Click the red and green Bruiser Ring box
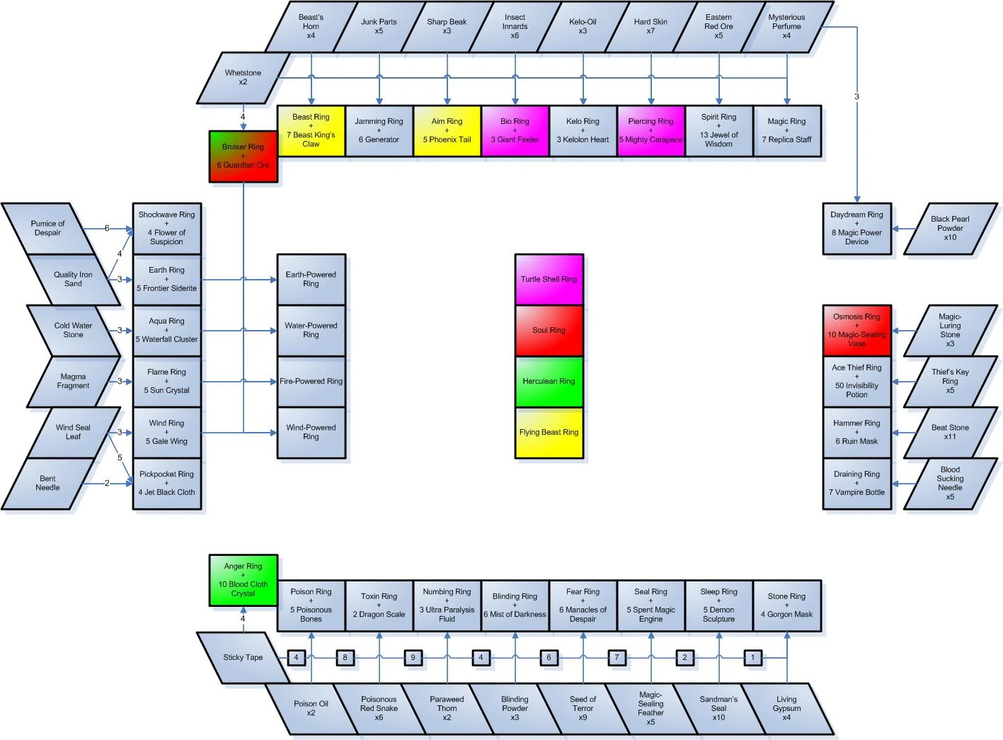click(243, 156)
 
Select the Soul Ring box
click(549, 330)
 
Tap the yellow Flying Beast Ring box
click(549, 432)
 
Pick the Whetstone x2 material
click(243, 77)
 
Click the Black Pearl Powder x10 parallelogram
click(950, 229)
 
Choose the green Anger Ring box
click(243, 580)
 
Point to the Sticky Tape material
click(243, 657)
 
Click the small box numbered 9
click(413, 657)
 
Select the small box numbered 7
click(617, 657)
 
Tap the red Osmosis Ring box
click(856, 330)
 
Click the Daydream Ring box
click(856, 228)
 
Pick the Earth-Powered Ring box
click(311, 279)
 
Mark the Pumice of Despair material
click(48, 228)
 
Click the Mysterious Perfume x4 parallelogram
click(786, 26)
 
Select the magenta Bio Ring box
click(515, 130)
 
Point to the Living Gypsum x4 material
click(786, 708)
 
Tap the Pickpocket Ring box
click(166, 483)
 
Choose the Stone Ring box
click(786, 605)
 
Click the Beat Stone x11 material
click(950, 432)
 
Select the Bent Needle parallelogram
click(48, 483)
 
